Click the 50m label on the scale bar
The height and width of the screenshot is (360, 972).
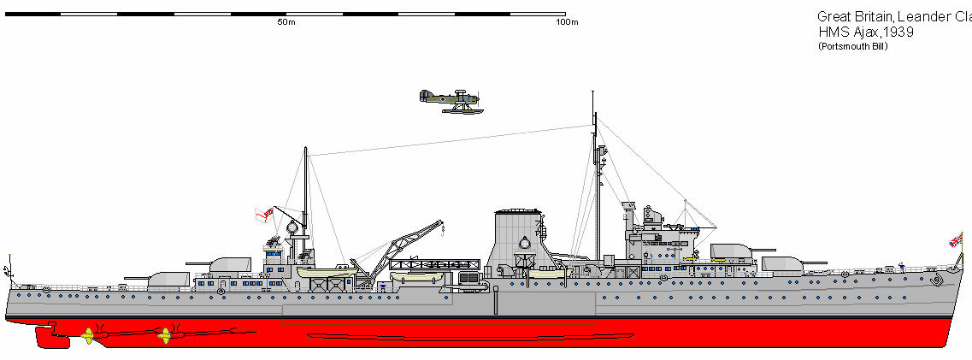pyautogui.click(x=286, y=22)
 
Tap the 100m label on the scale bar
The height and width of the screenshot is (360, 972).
pyautogui.click(x=567, y=22)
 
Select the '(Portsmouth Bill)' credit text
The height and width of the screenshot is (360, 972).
pyautogui.click(x=853, y=46)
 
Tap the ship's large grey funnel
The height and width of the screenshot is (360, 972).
pyautogui.click(x=521, y=239)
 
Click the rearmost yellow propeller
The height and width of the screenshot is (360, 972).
pyautogui.click(x=87, y=336)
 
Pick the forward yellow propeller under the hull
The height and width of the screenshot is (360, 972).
pyautogui.click(x=164, y=335)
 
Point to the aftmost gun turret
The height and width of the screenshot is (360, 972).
pyautogui.click(x=169, y=279)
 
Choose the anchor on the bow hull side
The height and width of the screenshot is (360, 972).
pyautogui.click(x=937, y=280)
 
